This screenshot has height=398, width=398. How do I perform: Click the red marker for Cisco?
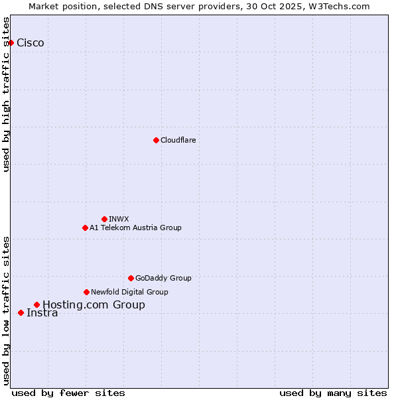click(11, 43)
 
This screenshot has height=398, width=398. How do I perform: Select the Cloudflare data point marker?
click(156, 140)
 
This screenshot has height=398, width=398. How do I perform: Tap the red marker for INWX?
click(104, 219)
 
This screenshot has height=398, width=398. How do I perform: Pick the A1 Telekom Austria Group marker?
click(85, 228)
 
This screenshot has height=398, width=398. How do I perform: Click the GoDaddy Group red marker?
click(131, 278)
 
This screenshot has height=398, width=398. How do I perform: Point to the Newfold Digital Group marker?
click(86, 292)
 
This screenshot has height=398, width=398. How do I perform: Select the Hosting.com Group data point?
click(36, 305)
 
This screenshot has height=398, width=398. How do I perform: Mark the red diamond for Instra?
click(21, 312)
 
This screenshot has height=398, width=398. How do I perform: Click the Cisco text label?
click(31, 43)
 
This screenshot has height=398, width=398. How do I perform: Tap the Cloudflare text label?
click(178, 140)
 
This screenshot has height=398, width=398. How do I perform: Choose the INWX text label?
click(119, 219)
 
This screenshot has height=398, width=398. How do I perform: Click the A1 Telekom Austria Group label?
click(135, 228)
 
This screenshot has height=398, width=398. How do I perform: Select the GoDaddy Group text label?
click(163, 278)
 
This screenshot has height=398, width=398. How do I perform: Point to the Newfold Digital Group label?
click(129, 292)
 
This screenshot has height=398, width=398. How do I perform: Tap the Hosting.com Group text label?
click(94, 305)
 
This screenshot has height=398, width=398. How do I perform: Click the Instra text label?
click(42, 313)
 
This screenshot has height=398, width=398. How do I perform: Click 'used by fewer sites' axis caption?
click(68, 393)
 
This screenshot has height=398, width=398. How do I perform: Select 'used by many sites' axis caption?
click(333, 393)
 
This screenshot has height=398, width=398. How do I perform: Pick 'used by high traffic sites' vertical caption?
click(7, 94)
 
